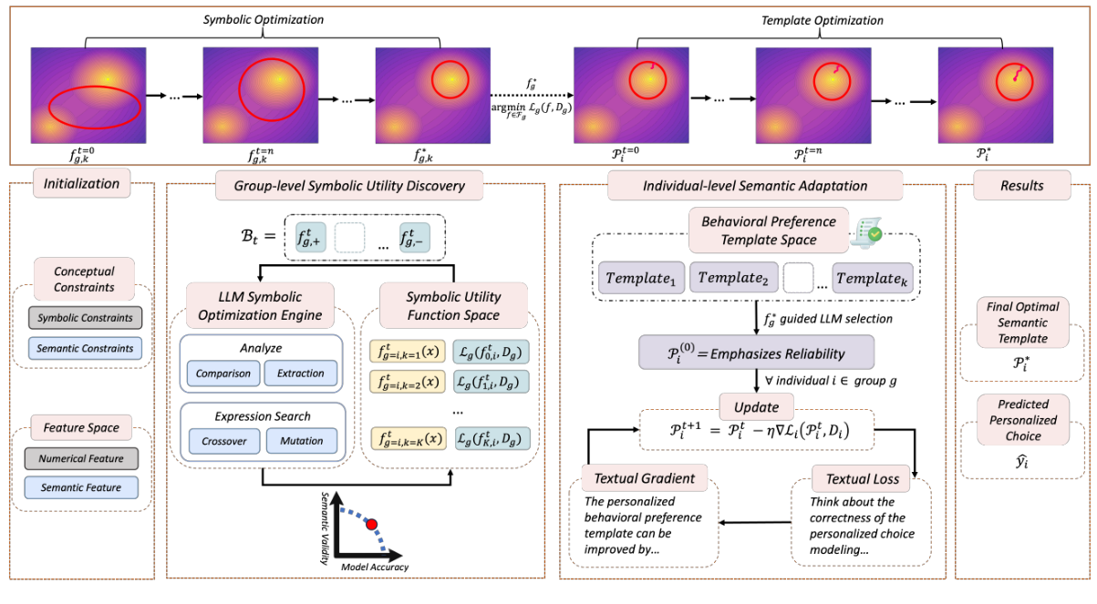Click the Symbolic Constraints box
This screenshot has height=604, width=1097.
pyautogui.click(x=85, y=319)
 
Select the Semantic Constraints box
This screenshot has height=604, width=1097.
pyautogui.click(x=85, y=348)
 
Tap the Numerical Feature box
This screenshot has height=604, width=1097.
pyautogui.click(x=85, y=458)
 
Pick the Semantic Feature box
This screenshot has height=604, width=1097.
pyautogui.click(x=85, y=488)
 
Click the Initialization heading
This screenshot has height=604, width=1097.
pyautogui.click(x=81, y=183)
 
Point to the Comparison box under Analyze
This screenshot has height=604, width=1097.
pyautogui.click(x=223, y=373)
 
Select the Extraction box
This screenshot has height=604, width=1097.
pyautogui.click(x=301, y=373)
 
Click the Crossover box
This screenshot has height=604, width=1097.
pyautogui.click(x=223, y=441)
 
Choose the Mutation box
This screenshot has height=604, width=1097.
pyautogui.click(x=301, y=441)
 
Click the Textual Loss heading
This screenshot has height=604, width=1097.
pyautogui.click(x=862, y=478)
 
